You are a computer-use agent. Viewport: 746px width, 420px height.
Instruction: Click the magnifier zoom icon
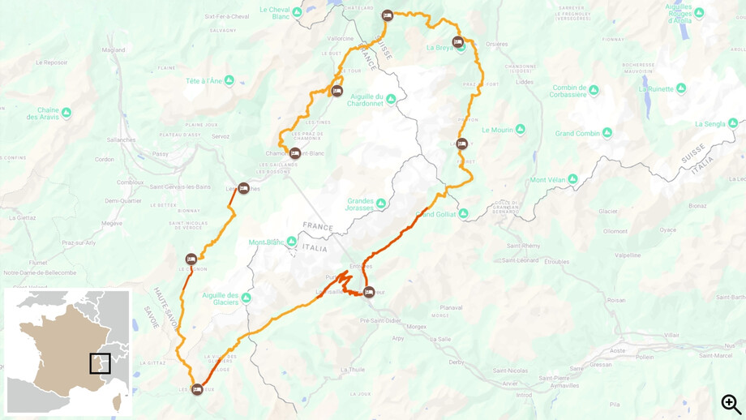(x=731, y=403)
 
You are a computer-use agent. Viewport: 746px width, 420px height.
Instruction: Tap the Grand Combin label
(x=577, y=133)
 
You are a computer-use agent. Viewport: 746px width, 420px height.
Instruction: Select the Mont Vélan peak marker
(x=572, y=179)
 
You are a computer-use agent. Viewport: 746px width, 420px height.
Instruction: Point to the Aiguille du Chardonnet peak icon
(x=391, y=100)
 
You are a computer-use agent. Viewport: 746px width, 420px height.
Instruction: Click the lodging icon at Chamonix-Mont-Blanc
(x=295, y=153)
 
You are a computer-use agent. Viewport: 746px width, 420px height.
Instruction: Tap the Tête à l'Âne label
(x=204, y=81)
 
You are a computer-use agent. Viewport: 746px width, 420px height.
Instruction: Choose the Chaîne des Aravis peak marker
(x=66, y=113)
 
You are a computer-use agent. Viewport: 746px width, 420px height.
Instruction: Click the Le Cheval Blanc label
(x=275, y=13)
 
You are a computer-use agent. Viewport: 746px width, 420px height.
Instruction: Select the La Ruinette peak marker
(x=681, y=88)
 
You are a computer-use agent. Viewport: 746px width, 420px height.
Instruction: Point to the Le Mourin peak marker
(x=520, y=129)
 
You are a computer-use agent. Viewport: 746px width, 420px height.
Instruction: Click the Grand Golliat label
(x=436, y=214)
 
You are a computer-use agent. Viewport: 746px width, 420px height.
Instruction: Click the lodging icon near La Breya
(x=457, y=42)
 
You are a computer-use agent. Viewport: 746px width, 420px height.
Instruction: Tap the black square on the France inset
(x=100, y=363)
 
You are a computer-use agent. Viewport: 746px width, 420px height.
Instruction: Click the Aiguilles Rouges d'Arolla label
(x=678, y=13)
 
